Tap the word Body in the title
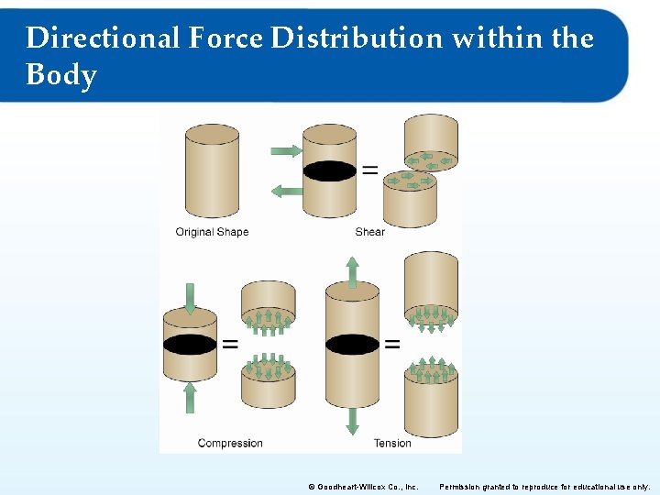(61, 74)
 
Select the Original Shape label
(212, 232)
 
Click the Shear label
(369, 232)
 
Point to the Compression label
(230, 443)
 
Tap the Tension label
(392, 443)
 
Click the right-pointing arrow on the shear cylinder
(286, 149)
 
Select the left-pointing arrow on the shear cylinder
(287, 190)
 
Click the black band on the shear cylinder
(330, 170)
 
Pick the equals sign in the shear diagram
(369, 170)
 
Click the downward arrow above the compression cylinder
(190, 299)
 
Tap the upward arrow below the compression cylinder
(190, 397)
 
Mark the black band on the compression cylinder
(190, 345)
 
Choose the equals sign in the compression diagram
(229, 345)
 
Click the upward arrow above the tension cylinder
(352, 271)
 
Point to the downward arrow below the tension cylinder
(352, 421)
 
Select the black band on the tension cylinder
(352, 345)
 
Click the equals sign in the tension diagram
(391, 345)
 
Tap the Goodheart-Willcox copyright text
(363, 486)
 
